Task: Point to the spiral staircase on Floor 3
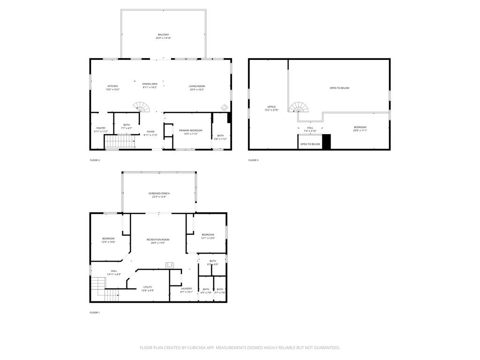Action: [299, 108]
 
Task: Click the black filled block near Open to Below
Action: [326, 142]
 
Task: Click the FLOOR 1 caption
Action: [95, 312]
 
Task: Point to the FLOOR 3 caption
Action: [253, 160]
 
